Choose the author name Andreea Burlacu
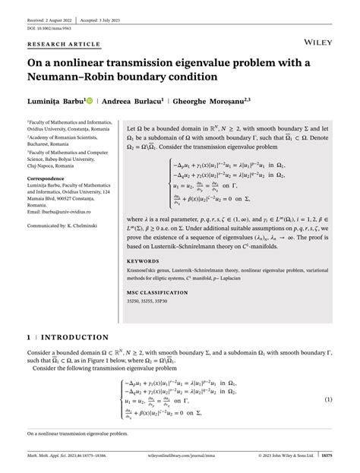coord(150,100)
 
